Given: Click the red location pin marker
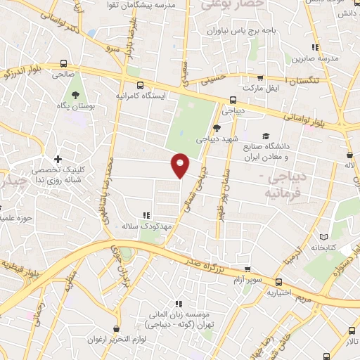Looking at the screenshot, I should click(x=181, y=165).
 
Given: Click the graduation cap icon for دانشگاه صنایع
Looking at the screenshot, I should click(x=266, y=136).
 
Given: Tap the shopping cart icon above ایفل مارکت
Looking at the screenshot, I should click(x=261, y=78).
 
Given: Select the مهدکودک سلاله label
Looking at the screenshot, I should click(x=146, y=226).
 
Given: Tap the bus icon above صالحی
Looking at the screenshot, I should click(x=65, y=63).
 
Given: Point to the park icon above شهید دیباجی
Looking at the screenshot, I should click(x=216, y=128).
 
